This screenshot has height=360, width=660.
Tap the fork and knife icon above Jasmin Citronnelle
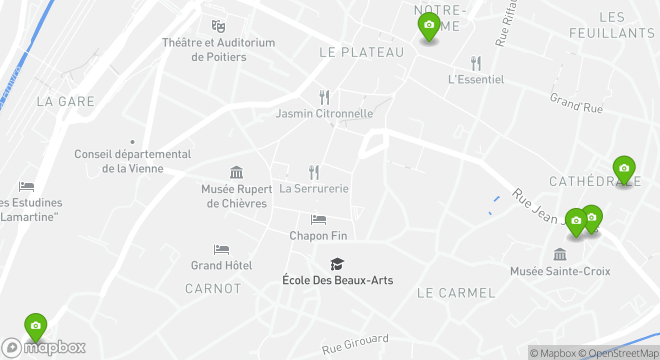click(x=324, y=97)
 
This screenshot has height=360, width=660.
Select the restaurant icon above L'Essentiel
click(x=476, y=63)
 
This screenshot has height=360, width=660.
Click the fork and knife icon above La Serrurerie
click(x=314, y=172)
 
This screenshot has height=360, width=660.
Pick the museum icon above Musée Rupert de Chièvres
click(x=236, y=172)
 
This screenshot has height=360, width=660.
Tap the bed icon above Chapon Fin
click(x=318, y=219)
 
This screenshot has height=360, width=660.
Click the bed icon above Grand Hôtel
click(x=221, y=249)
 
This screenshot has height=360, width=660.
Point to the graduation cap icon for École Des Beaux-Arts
click(x=337, y=264)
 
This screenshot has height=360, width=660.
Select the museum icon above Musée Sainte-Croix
click(x=560, y=254)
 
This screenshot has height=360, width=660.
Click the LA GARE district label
click(x=65, y=101)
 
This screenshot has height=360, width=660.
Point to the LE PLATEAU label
click(x=361, y=52)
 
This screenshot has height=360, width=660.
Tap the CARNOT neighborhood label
click(x=213, y=288)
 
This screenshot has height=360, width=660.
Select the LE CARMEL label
click(x=456, y=293)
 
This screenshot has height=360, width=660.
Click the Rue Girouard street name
click(x=355, y=344)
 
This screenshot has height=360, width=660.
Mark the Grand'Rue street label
click(x=576, y=103)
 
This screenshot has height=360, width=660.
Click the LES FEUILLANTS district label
click(x=612, y=25)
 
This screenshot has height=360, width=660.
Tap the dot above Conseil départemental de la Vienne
click(x=132, y=142)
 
